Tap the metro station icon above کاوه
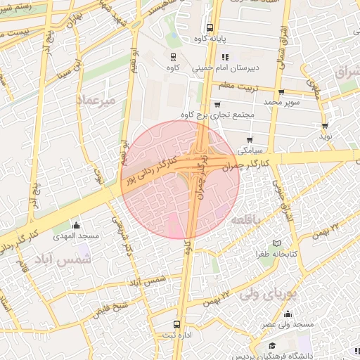(x=173, y=56)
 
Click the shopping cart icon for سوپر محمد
(x=281, y=91)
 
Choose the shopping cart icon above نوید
(x=325, y=127)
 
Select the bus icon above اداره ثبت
(x=176, y=326)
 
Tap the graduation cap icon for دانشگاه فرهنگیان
(x=271, y=345)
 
